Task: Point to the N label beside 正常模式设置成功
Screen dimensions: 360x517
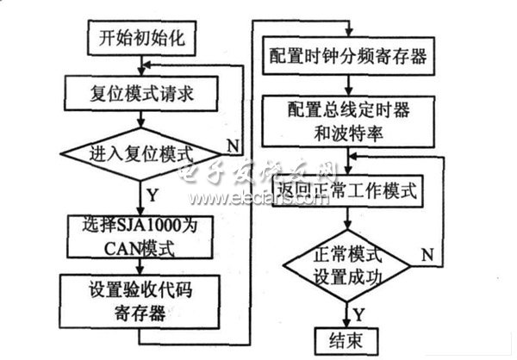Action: tap(426, 254)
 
